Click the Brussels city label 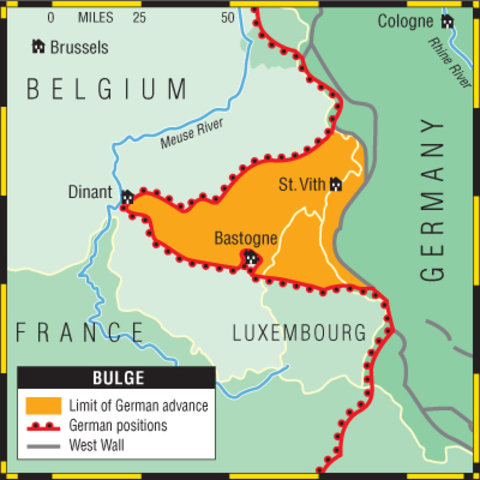click(79, 47)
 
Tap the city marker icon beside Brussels click(38, 46)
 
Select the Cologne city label click(406, 22)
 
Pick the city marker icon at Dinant click(127, 197)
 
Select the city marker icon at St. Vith click(336, 184)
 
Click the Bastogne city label click(245, 239)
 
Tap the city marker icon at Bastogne click(251, 258)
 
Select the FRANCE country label click(80, 333)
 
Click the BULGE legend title click(117, 378)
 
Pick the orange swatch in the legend click(44, 406)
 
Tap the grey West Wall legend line click(44, 444)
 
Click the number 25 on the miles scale click(138, 18)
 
